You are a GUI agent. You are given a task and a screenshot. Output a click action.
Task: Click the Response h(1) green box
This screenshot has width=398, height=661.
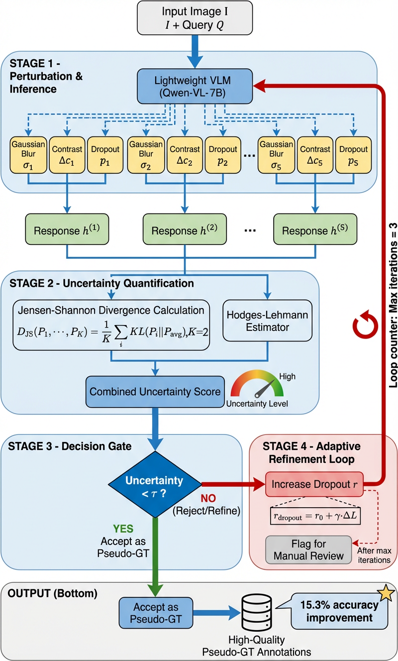(66, 231)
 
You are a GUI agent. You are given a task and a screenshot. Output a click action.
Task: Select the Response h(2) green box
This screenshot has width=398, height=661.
(185, 231)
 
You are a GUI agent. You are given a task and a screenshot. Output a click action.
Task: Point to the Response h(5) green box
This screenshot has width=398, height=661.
(315, 231)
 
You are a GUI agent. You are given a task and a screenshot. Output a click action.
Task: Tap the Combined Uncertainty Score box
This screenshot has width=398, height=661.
(155, 391)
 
